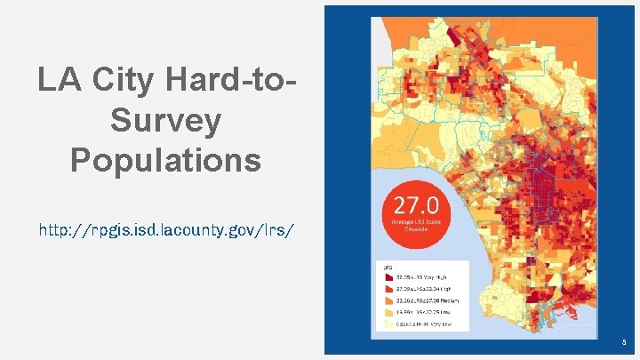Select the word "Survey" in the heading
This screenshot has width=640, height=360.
pos(165,121)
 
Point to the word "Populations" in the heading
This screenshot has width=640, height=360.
pos(165,161)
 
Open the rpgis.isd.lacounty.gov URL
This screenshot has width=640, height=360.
pos(165,230)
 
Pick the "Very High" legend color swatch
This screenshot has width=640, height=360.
pos(388,277)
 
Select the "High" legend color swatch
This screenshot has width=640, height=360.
pos(388,289)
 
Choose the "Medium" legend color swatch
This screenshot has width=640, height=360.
pos(388,300)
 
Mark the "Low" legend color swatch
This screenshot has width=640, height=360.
pos(388,313)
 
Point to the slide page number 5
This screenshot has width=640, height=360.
pos(625,341)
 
